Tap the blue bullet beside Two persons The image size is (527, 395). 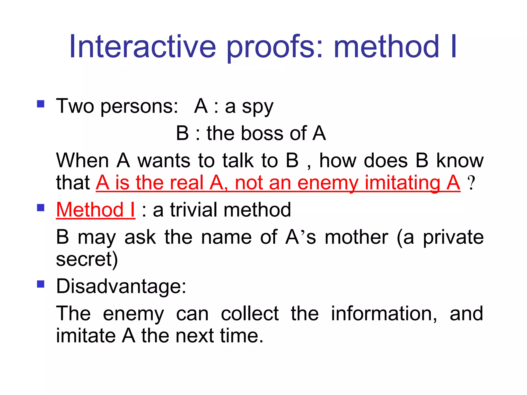point(41,104)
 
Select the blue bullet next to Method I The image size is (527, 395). point(41,208)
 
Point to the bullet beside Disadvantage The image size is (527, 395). point(41,284)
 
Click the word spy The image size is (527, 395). point(258,107)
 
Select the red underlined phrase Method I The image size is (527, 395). point(95,210)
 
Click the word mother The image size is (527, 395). point(356,237)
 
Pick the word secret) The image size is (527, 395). point(87,259)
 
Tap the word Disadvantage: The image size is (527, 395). point(121,286)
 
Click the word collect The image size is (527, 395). point(250,313)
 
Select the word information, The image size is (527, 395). point(384,313)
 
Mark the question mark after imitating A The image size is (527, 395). point(471,183)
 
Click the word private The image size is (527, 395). point(453,238)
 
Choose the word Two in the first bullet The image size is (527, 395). point(75,106)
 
